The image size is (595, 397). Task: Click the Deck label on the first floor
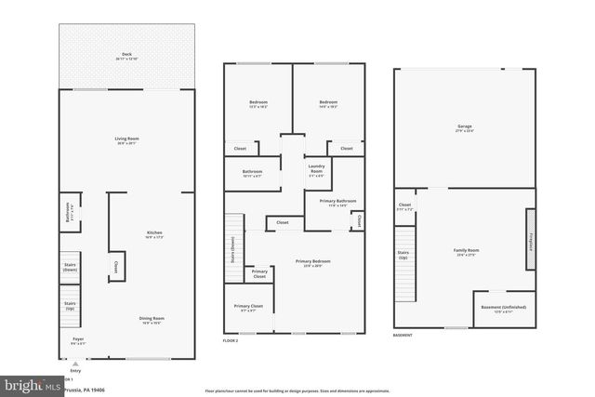click(x=126, y=57)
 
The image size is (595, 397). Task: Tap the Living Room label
click(x=126, y=140)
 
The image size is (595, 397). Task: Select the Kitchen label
click(x=153, y=233)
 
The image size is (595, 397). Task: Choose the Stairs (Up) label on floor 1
click(x=70, y=304)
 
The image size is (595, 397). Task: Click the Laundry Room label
click(x=317, y=170)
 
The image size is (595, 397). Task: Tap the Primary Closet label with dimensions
click(x=248, y=308)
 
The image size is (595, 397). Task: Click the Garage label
click(x=464, y=128)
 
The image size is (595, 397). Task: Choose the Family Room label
click(x=466, y=252)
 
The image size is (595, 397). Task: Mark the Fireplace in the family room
click(x=531, y=244)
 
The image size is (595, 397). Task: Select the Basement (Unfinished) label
click(x=503, y=309)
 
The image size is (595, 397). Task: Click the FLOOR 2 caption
click(x=231, y=341)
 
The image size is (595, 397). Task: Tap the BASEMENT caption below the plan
click(x=403, y=335)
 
